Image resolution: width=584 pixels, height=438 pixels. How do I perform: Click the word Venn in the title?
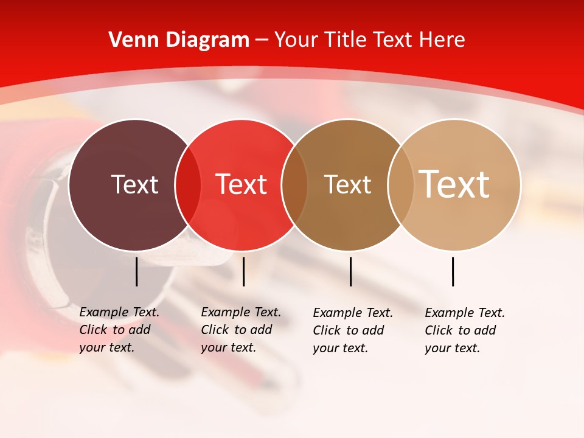[131, 40]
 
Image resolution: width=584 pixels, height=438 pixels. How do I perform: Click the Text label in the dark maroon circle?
[134, 184]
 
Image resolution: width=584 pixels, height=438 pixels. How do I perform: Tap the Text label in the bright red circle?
[242, 184]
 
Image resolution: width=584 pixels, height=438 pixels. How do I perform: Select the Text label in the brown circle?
[347, 185]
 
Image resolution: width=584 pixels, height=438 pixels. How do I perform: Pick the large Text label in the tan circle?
[454, 184]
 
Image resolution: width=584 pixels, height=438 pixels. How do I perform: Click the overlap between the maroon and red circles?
[188, 185]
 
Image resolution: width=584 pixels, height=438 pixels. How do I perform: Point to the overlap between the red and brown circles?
[294, 185]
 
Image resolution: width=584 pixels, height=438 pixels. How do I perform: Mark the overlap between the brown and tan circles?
[401, 185]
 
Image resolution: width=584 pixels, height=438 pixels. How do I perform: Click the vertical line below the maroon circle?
[137, 271]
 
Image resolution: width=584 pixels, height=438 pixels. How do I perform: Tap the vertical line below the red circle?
[243, 271]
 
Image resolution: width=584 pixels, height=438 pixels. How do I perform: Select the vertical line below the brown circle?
[351, 271]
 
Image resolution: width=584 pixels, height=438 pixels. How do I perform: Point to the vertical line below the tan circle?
[453, 271]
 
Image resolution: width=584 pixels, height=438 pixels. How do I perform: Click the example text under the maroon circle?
[119, 330]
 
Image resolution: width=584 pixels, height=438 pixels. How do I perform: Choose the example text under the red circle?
[241, 330]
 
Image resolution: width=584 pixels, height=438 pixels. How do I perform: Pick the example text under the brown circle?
[353, 330]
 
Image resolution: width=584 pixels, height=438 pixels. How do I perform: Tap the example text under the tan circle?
[465, 330]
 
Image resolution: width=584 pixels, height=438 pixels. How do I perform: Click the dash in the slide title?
[262, 40]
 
